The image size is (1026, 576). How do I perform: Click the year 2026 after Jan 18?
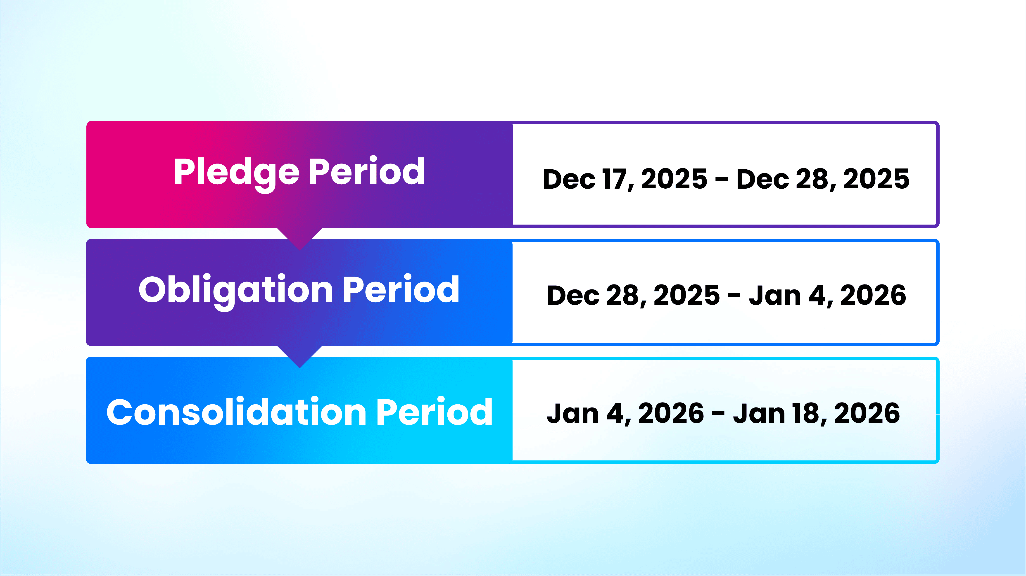(x=867, y=413)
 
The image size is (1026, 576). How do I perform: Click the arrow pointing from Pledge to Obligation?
(x=299, y=238)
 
